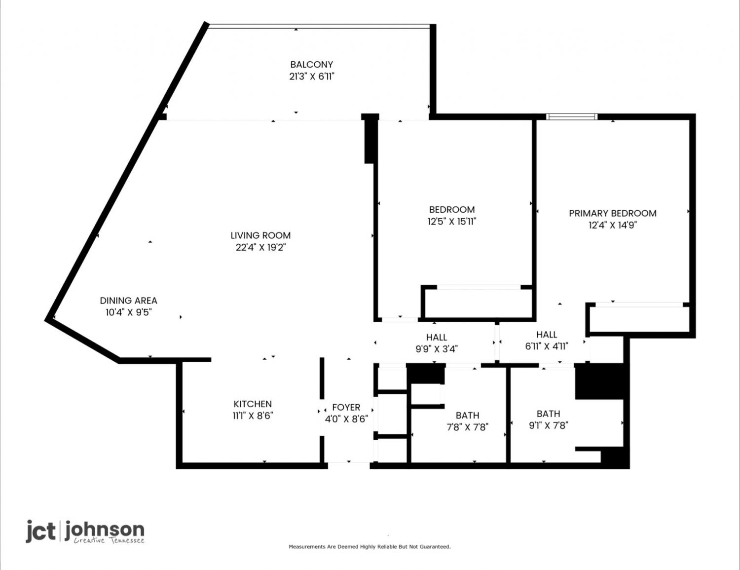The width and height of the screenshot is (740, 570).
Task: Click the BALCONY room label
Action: tap(311, 64)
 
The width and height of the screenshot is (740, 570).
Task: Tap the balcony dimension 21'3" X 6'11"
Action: tap(312, 76)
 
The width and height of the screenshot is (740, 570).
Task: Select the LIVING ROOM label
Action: tap(260, 235)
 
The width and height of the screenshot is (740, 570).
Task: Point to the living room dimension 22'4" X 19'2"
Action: tap(260, 247)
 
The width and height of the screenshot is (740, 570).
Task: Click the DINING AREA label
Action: tap(128, 301)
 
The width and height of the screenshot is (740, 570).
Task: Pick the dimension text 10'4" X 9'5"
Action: tap(128, 312)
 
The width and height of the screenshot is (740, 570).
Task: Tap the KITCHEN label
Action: tap(253, 404)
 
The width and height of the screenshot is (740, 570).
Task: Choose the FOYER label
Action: tap(346, 407)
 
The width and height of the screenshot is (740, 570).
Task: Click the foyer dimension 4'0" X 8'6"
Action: tap(346, 419)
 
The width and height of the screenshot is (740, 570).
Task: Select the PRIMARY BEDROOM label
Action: tap(613, 213)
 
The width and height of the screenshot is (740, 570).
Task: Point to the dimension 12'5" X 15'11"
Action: tap(452, 221)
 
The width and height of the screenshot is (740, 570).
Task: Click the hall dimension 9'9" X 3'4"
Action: tap(437, 349)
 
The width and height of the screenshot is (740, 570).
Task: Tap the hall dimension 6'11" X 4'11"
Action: tap(547, 346)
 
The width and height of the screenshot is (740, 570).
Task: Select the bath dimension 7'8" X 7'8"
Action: tap(468, 427)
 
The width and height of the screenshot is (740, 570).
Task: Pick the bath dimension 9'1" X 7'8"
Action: tap(548, 425)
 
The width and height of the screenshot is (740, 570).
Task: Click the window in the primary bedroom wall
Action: tap(572, 117)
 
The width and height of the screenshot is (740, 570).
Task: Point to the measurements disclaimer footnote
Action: tap(370, 546)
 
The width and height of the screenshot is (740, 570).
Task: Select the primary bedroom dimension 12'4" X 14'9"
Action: tap(613, 225)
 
